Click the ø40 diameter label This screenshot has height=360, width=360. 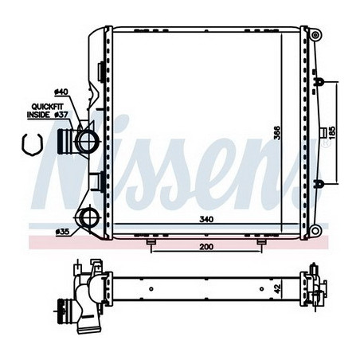pos(61,92)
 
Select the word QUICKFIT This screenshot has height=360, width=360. pos(48,107)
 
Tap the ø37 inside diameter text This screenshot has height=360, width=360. pos(61,115)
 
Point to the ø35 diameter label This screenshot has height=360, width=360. pos(62,232)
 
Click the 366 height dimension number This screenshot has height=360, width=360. pos(277,133)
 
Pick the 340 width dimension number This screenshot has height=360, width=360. pos(206,219)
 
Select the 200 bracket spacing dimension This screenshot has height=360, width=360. pos(206,247)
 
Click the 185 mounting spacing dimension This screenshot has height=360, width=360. pos(332,133)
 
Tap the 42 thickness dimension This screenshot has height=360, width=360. pos(277,289)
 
